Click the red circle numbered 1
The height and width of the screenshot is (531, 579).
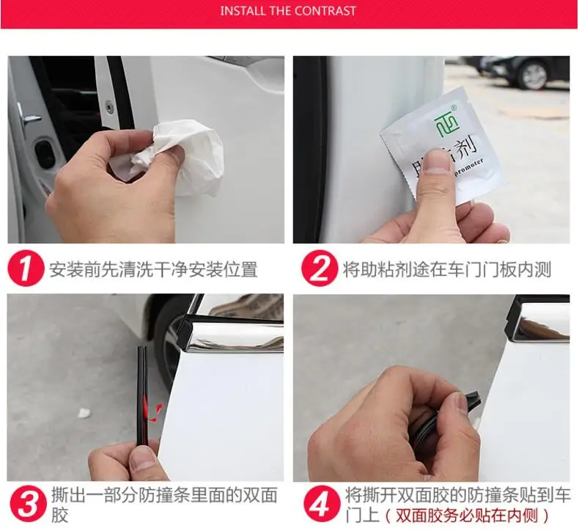[x=26, y=268]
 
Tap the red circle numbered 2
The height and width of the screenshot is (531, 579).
[x=319, y=268]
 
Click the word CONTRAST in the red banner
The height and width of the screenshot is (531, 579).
[x=325, y=11]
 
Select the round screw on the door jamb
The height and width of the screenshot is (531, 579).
[x=109, y=107]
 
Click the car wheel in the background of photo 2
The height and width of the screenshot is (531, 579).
[x=534, y=76]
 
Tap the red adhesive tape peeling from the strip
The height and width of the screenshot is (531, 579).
[x=152, y=410]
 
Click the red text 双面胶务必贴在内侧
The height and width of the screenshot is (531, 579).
[x=466, y=515]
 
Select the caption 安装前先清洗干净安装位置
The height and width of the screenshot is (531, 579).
[x=153, y=269]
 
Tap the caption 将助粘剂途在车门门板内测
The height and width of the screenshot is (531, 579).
[x=447, y=269]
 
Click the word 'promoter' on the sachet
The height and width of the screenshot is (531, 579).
[x=466, y=169]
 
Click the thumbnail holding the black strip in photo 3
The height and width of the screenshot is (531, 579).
[x=142, y=459]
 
